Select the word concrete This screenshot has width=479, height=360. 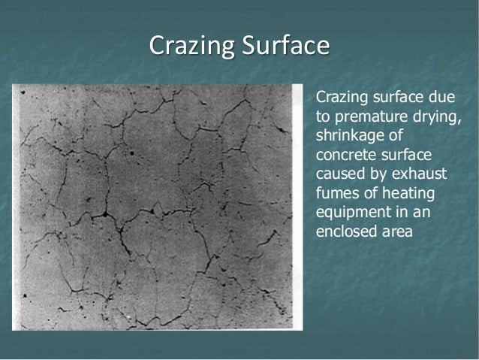tap(345, 155)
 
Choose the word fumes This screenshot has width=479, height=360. tap(336, 193)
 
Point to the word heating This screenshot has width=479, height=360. tap(402, 193)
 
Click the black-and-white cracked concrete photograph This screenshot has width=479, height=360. tap(158, 206)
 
